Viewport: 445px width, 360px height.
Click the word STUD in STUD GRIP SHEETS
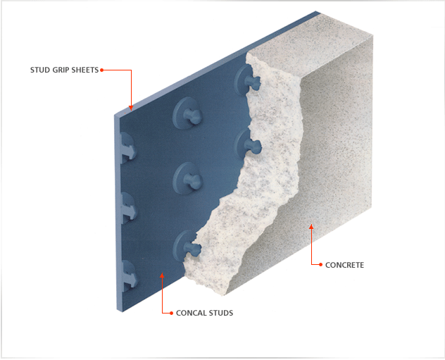(40, 70)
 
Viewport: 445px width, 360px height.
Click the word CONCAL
(192, 313)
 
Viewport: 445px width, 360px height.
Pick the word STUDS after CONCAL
(221, 313)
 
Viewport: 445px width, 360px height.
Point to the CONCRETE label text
(344, 265)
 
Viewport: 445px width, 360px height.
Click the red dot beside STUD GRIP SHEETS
(101, 70)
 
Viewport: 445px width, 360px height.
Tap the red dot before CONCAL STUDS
(171, 313)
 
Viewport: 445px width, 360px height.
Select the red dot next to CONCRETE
(320, 265)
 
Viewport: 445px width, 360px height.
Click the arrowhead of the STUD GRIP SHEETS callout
(131, 108)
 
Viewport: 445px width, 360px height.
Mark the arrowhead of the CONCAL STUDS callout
(162, 275)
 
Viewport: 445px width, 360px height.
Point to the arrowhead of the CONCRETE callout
(311, 227)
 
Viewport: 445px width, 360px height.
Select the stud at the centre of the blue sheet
(188, 178)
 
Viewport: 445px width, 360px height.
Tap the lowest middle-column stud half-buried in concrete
(187, 246)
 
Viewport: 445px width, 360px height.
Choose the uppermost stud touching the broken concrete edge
(246, 80)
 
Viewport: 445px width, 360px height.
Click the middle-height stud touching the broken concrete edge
(247, 145)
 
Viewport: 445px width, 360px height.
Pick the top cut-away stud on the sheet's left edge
(128, 148)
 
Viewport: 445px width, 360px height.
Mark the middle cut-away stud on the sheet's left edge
(128, 208)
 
